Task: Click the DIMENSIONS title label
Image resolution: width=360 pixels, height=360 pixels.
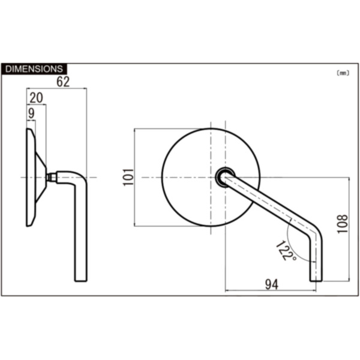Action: (34, 69)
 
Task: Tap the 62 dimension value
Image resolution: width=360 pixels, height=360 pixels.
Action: (63, 82)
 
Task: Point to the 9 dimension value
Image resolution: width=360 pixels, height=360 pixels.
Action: (31, 112)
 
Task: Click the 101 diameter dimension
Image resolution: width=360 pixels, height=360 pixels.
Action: (127, 177)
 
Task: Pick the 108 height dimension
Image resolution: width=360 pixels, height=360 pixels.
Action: (343, 224)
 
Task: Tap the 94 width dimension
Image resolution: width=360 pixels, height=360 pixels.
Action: (272, 285)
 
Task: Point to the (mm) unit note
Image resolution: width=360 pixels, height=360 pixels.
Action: (343, 73)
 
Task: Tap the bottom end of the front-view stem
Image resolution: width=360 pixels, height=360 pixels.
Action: (316, 278)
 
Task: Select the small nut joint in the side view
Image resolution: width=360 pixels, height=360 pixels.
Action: (52, 177)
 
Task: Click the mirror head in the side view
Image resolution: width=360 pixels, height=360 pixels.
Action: (30, 177)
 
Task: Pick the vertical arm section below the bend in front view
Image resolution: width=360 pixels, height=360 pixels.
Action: (316, 258)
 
